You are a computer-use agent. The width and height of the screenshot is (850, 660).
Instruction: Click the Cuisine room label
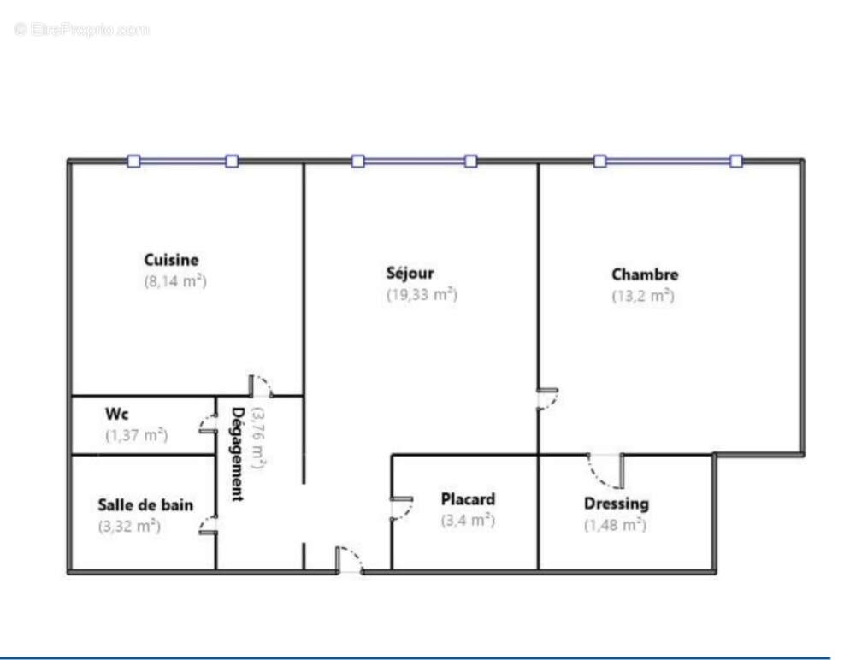[x=171, y=260]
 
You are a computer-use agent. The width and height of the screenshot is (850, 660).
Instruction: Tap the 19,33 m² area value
[x=422, y=295]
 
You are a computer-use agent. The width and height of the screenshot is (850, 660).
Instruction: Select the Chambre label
[x=645, y=274]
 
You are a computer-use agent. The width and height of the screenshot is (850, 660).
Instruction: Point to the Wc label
[x=117, y=414]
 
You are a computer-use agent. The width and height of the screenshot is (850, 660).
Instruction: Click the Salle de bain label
[x=145, y=504]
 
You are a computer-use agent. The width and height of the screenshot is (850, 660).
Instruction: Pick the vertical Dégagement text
[x=239, y=453]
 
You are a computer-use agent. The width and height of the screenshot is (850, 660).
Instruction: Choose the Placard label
[x=468, y=499]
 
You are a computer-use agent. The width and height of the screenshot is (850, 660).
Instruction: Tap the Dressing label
[x=616, y=504]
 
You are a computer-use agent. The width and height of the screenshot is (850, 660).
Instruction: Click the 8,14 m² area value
[x=175, y=280]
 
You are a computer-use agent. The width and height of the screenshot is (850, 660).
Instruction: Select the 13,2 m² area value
[x=643, y=296]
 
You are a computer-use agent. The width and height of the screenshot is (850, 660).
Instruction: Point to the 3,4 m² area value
[x=468, y=520]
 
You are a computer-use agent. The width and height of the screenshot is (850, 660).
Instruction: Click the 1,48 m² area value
[x=614, y=525]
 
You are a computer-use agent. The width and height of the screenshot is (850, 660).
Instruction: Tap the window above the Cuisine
[x=182, y=161]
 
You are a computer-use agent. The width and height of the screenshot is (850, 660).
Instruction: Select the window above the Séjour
[x=414, y=161]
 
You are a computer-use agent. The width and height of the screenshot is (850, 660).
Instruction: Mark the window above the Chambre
[x=668, y=161]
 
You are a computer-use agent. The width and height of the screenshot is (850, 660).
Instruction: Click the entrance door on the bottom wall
[x=349, y=560]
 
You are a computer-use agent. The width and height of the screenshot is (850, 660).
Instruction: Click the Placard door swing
[x=400, y=508]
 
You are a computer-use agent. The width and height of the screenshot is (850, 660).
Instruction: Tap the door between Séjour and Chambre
[x=546, y=398]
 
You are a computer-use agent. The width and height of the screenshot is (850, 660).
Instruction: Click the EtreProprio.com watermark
[x=82, y=29]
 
